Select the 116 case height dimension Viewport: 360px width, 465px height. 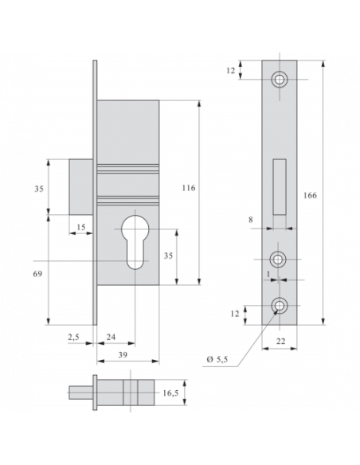click(188, 188)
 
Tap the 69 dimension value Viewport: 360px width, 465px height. click(37, 273)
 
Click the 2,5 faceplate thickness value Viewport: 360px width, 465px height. click(74, 338)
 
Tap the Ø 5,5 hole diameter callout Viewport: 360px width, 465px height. click(218, 360)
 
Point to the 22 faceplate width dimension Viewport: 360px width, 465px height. click(281, 341)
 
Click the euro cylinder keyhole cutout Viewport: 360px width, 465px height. click(133, 244)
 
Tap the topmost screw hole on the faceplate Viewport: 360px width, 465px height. click(280, 80)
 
